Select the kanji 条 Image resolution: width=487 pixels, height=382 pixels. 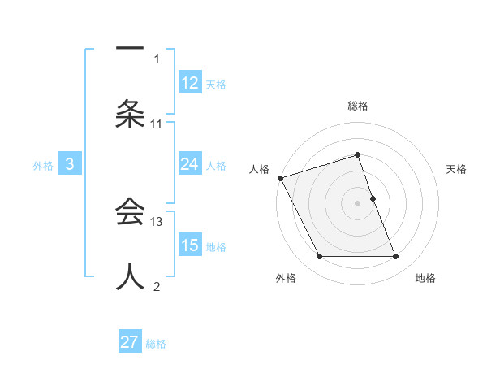coord(130,115)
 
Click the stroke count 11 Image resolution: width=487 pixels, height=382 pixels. coord(157,124)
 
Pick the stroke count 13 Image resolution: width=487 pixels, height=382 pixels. coord(157,221)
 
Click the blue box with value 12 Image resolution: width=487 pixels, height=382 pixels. coord(190,83)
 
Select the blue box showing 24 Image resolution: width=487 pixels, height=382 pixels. coord(190,164)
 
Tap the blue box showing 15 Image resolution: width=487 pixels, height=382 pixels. coord(190,245)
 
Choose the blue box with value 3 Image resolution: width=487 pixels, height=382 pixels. coord(70,164)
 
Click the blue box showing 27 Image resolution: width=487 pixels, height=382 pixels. coord(130,342)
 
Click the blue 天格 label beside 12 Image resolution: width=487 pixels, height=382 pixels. coord(216,84)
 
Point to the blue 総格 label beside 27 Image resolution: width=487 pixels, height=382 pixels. coord(156,343)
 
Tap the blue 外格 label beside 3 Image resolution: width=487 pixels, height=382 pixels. coord(43,165)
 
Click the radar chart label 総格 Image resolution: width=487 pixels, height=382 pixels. coord(358,106)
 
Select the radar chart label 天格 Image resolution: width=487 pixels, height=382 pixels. coord(457,169)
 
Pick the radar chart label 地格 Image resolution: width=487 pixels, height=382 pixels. coord(425,278)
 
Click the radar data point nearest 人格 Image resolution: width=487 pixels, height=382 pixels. coord(280,178)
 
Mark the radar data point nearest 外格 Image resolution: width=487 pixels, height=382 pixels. coord(319,257)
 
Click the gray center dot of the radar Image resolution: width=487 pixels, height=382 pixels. coord(358,203)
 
